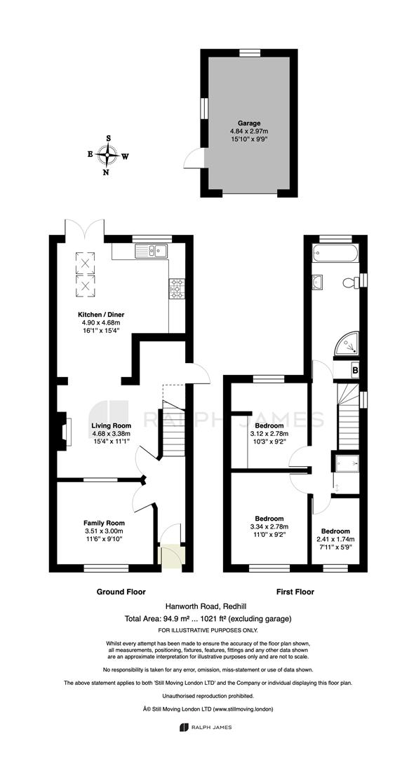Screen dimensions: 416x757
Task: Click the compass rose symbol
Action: tap(107, 155)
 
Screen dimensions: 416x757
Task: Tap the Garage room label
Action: tap(249, 123)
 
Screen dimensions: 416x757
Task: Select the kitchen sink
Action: tap(152, 250)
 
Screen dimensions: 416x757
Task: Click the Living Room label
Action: tap(111, 425)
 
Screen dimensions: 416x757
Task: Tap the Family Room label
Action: tap(104, 523)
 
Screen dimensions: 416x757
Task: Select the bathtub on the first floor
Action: tap(336, 252)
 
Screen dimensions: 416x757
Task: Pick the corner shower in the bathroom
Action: tap(347, 343)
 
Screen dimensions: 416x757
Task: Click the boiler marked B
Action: tap(355, 371)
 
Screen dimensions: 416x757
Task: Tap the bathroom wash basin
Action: tap(318, 281)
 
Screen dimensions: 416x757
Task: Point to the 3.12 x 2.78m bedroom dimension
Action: tap(269, 433)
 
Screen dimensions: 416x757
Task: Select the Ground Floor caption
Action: tap(121, 592)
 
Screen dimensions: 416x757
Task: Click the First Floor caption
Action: tap(295, 592)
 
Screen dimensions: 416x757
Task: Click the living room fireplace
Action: tap(64, 431)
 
